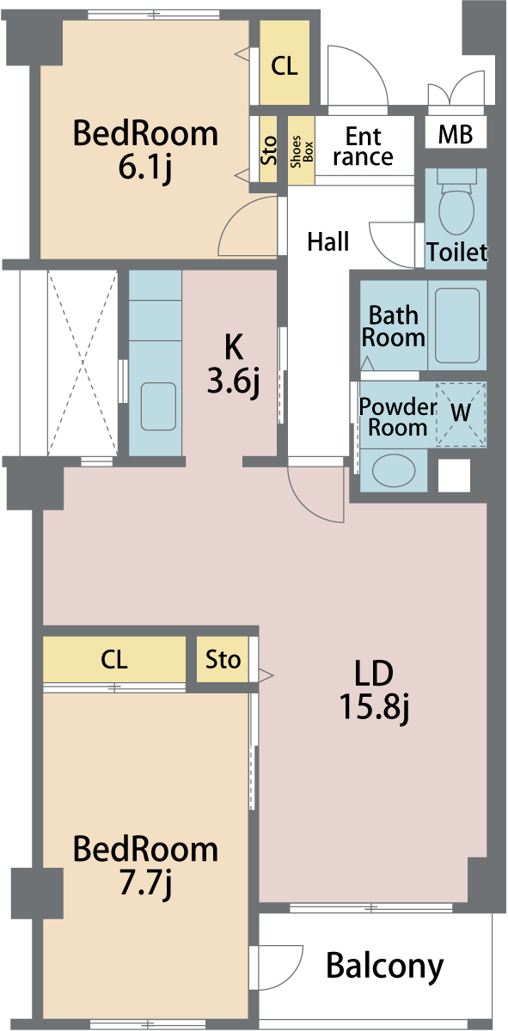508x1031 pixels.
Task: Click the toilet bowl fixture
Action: tap(456, 204)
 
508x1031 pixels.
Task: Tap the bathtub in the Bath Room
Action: tap(457, 326)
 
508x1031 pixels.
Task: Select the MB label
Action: tap(455, 134)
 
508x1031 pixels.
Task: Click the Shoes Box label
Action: tap(302, 151)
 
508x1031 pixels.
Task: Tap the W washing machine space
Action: tap(461, 413)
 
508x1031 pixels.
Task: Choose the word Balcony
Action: tap(384, 966)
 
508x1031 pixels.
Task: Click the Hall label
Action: tap(327, 241)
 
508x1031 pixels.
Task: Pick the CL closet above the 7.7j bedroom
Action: tap(114, 659)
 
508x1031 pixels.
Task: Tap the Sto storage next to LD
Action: tap(223, 659)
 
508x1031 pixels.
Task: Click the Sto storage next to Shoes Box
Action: tap(268, 149)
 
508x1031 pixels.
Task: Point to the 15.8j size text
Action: tap(374, 707)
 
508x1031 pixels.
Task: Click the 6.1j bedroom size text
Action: tap(144, 168)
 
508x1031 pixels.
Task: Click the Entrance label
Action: tap(364, 147)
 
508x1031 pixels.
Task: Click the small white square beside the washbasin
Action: tap(454, 475)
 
